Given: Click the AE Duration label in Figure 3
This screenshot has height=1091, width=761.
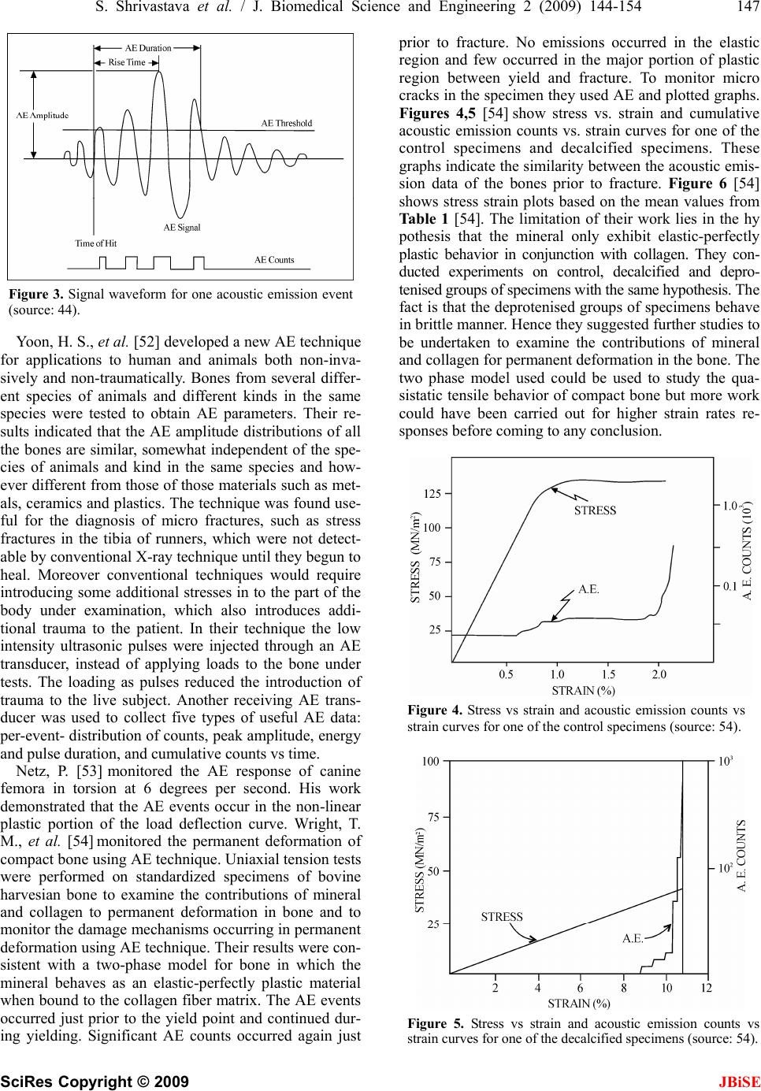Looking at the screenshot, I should tap(148, 48).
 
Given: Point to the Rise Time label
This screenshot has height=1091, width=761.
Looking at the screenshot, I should tap(127, 62).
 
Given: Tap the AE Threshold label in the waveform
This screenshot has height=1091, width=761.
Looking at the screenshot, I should tap(287, 124).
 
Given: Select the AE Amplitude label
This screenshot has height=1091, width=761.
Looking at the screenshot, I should tap(43, 115).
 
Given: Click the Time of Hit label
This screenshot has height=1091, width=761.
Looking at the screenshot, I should tap(95, 243).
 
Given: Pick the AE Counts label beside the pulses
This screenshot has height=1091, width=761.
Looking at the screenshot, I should tap(274, 259).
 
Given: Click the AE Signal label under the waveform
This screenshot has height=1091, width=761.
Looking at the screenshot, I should tap(182, 228).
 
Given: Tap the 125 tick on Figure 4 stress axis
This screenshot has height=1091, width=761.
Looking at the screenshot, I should tap(432, 494).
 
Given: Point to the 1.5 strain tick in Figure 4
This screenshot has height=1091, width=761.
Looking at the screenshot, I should tap(608, 674).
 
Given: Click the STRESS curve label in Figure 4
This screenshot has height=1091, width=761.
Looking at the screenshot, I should tap(595, 510).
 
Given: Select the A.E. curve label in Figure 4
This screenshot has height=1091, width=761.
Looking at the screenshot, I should tap(588, 588).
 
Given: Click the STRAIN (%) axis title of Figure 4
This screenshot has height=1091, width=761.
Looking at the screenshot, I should tap(583, 691).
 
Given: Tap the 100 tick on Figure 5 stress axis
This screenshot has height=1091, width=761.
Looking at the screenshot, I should tap(430, 762).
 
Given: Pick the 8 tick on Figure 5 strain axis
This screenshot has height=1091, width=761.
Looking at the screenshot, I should tap(623, 988).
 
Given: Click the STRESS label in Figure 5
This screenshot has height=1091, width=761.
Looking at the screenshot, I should tap(502, 917).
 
